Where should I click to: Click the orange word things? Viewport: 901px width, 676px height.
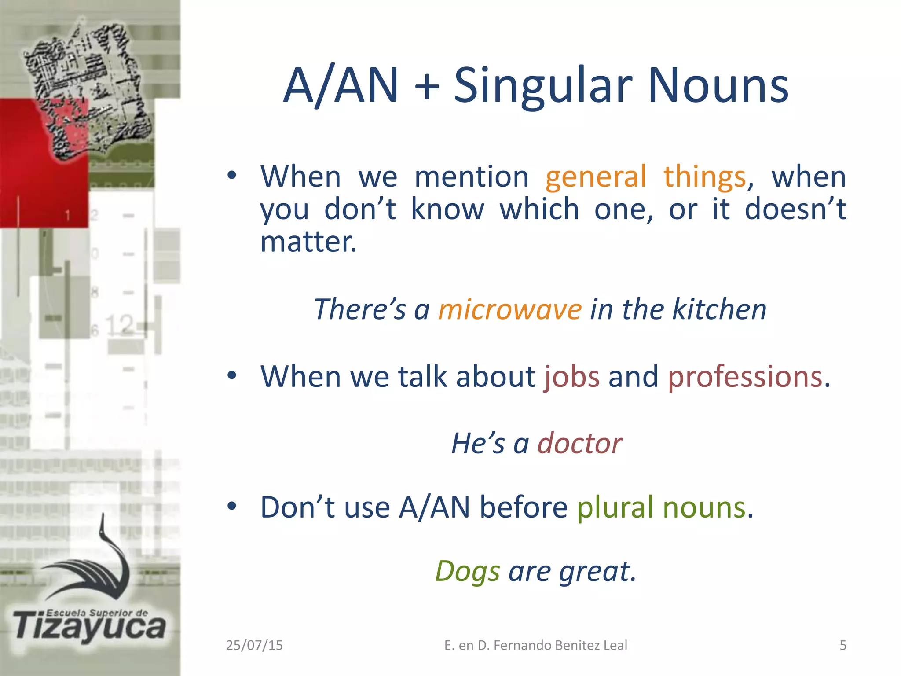[x=704, y=177]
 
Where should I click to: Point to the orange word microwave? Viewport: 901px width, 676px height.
[x=510, y=309]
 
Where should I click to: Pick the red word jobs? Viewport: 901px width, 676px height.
[x=571, y=377]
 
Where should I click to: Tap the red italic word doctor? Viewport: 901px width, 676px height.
[x=579, y=443]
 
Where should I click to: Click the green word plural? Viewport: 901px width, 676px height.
[x=615, y=507]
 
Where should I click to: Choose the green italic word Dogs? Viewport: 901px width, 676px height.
[x=467, y=572]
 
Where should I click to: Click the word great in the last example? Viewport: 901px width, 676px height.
[x=597, y=572]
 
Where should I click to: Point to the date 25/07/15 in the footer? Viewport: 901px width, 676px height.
[x=254, y=645]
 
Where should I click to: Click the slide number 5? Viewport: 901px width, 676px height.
[x=843, y=645]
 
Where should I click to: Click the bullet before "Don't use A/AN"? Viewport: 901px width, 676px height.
[x=232, y=507]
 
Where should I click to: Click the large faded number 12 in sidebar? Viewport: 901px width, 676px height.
[x=119, y=325]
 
